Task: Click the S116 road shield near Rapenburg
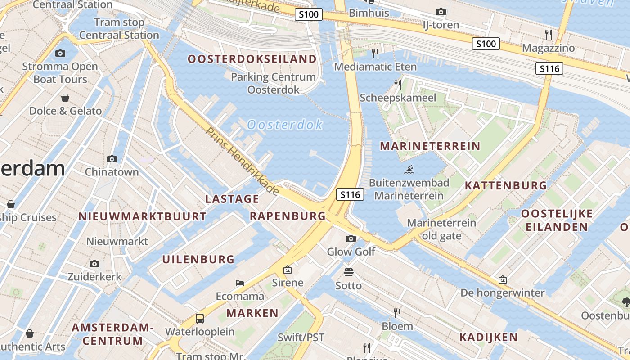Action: tap(350, 195)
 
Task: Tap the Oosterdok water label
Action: tap(285, 125)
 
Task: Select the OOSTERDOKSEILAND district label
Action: tap(252, 59)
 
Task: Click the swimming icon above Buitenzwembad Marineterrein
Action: tap(409, 170)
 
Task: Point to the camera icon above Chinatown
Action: tap(112, 159)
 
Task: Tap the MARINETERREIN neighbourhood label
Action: tap(430, 146)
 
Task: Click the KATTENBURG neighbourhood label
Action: tap(506, 185)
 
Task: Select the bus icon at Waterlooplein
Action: tap(200, 319)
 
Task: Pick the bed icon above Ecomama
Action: tap(240, 283)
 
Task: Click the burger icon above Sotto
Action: tap(348, 272)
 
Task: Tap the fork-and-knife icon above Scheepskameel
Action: tap(397, 84)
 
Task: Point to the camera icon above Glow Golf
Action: tap(351, 238)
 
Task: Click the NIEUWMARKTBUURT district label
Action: tap(142, 216)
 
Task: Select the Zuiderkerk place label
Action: tap(94, 276)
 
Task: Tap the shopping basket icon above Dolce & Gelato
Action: tap(65, 98)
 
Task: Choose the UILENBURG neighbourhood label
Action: tap(198, 259)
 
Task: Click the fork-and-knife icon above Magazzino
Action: tap(548, 34)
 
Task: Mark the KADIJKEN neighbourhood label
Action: tap(488, 337)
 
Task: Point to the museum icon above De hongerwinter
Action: tap(503, 280)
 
